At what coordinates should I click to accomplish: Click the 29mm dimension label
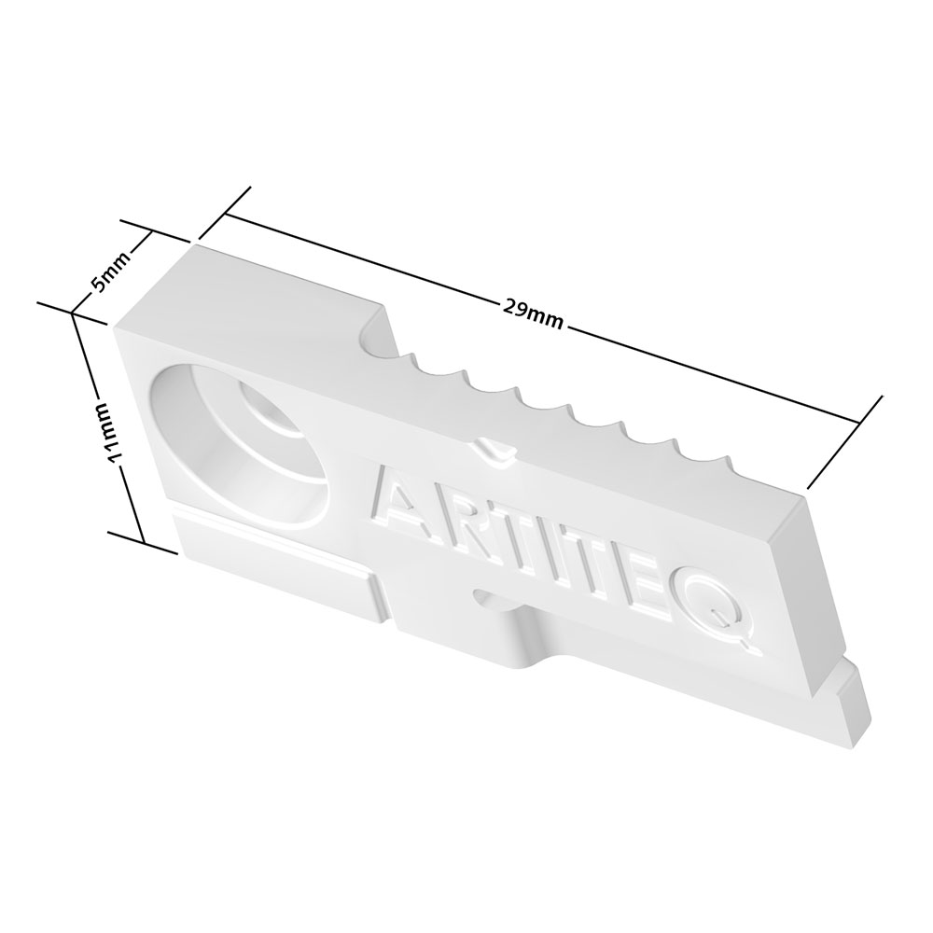click(x=533, y=314)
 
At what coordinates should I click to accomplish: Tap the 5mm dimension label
click(x=109, y=273)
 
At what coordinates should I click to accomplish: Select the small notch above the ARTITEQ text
click(x=494, y=448)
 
